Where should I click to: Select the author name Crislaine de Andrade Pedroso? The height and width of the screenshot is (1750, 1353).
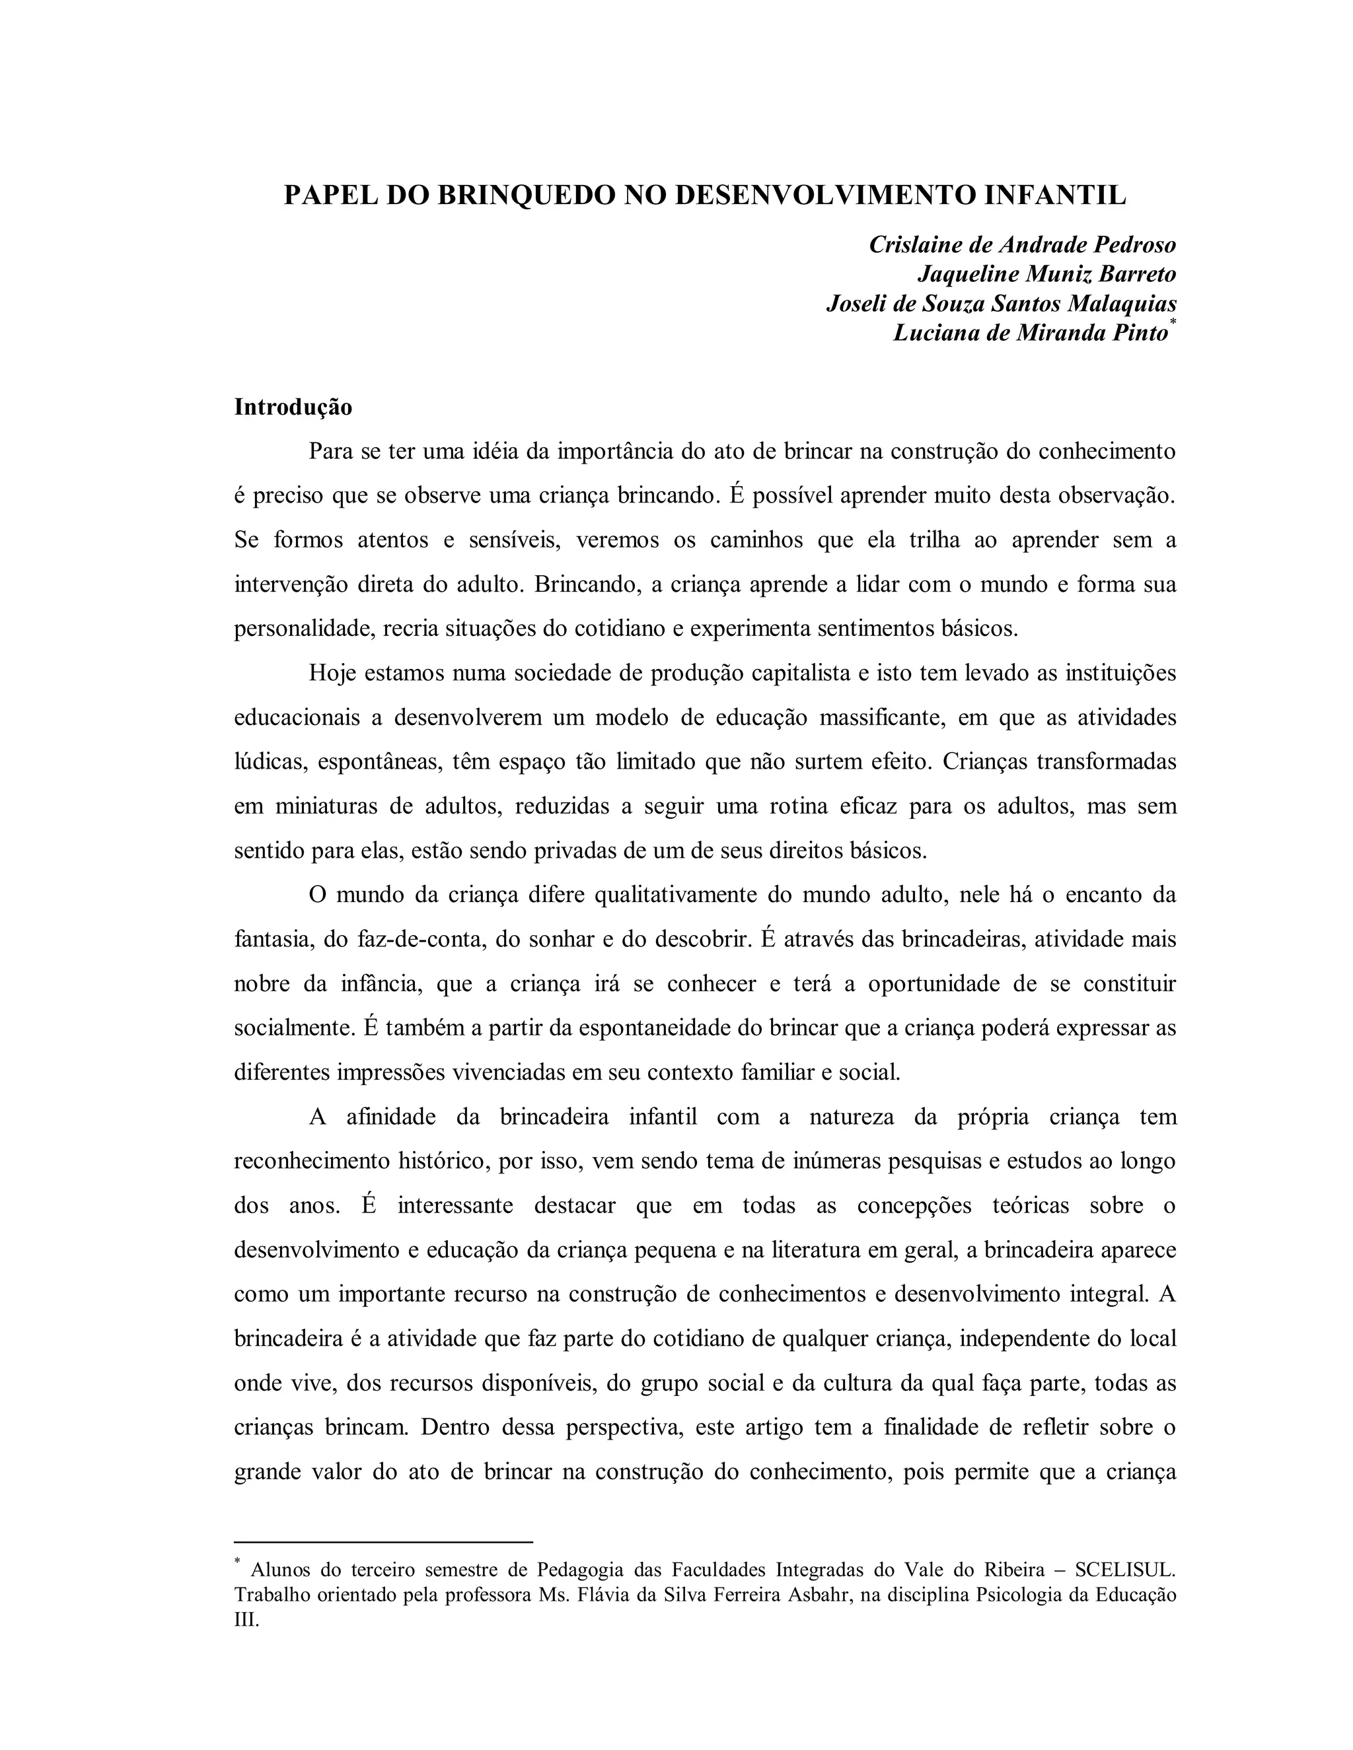click(x=1022, y=244)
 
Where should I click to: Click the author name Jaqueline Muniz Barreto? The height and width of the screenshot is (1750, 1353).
click(x=1046, y=274)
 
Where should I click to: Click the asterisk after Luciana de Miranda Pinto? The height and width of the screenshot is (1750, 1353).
click(x=1173, y=322)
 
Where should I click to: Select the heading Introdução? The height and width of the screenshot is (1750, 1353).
click(x=293, y=407)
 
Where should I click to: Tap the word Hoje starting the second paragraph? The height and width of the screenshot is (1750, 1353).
click(x=332, y=673)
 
